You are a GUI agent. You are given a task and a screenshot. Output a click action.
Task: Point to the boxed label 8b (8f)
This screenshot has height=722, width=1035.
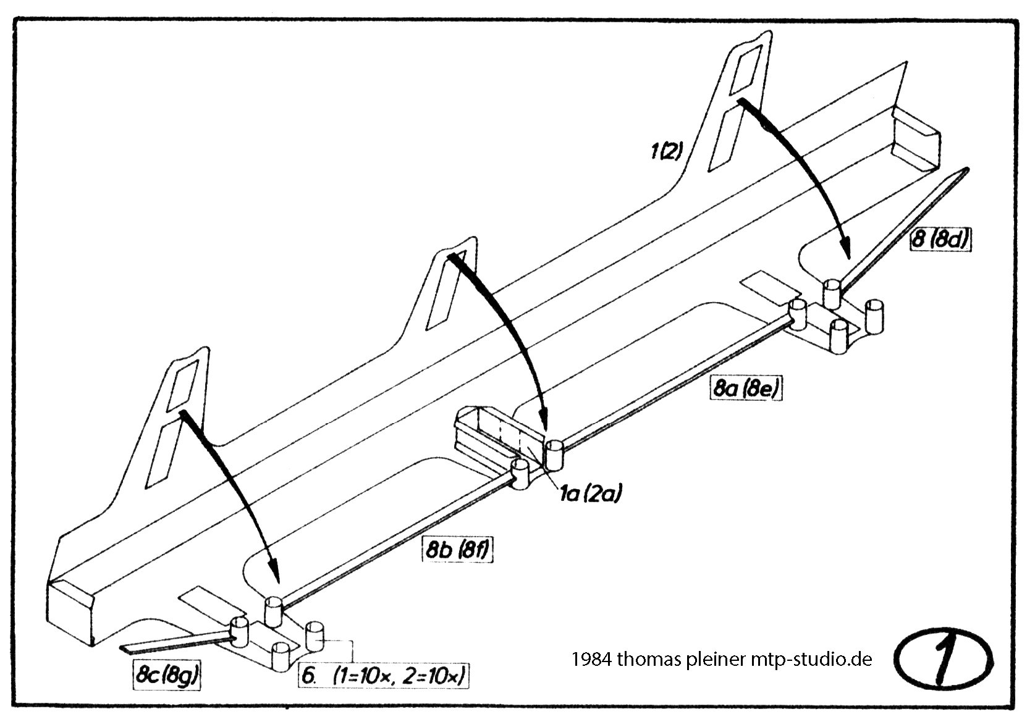(x=458, y=550)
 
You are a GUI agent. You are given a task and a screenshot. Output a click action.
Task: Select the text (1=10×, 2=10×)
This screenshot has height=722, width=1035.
(x=399, y=676)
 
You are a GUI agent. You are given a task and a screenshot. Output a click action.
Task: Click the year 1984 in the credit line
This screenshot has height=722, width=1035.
(x=591, y=660)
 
